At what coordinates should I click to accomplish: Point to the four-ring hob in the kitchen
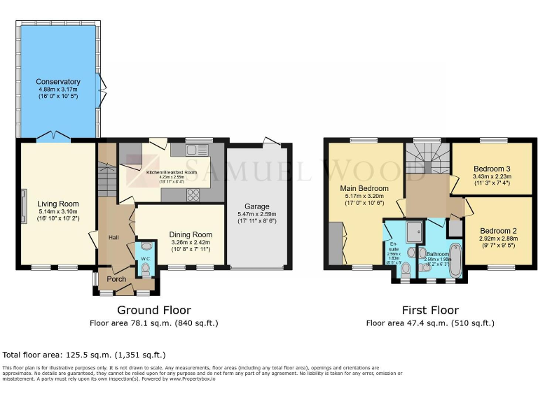193,195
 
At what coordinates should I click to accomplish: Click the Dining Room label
191,235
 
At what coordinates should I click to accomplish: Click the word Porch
116,278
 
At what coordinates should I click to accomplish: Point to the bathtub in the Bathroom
456,260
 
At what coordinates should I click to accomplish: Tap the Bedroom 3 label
492,169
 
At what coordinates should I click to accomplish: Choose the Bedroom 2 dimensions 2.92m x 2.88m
498,239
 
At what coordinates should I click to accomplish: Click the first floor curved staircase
427,160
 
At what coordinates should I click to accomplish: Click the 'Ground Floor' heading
154,310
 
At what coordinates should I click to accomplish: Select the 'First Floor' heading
430,310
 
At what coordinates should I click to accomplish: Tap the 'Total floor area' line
85,355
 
